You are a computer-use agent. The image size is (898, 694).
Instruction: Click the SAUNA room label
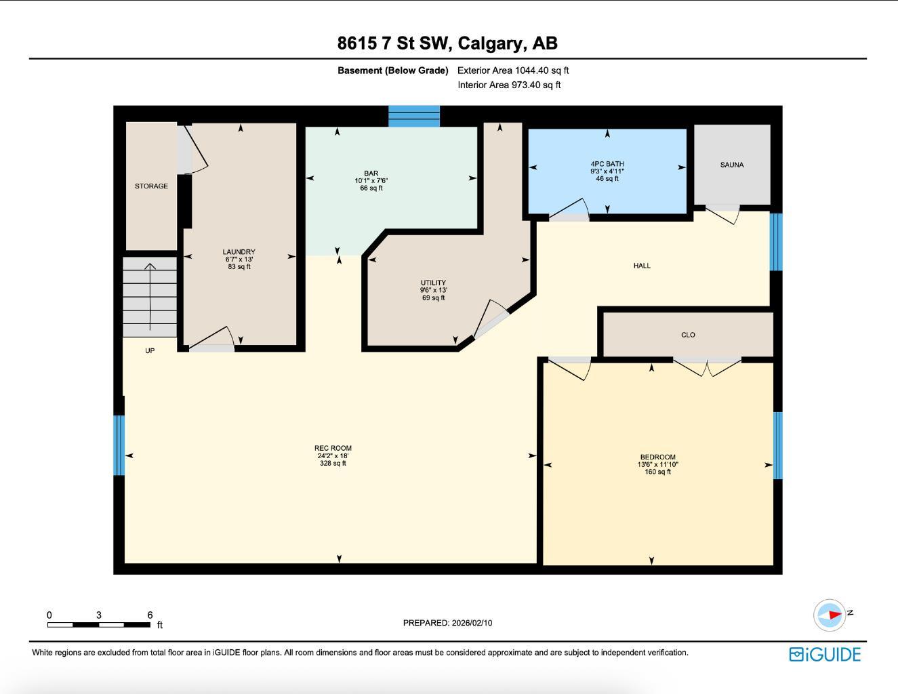pos(732,165)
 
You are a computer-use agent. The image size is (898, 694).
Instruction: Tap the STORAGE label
pos(151,186)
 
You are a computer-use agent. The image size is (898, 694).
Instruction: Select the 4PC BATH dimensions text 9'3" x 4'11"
pos(607,171)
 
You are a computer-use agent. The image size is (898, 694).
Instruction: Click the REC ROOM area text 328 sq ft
pos(333,464)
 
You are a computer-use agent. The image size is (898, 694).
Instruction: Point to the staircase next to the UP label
pos(150,296)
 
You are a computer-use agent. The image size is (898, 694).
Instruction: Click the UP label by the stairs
pos(150,350)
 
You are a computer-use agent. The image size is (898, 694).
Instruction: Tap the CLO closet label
pos(688,335)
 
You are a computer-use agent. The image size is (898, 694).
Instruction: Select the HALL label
pos(642,266)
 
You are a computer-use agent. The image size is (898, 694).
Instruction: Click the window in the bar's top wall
pos(414,116)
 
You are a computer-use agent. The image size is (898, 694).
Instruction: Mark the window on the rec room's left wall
pos(119,445)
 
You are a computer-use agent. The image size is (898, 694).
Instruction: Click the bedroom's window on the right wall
pos(778,445)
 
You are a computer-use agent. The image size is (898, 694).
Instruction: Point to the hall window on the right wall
pos(776,242)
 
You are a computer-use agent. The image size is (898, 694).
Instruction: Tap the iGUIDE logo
pos(825,654)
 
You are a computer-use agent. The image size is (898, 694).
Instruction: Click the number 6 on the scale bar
pos(150,615)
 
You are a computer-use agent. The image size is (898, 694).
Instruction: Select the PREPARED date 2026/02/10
pos(472,623)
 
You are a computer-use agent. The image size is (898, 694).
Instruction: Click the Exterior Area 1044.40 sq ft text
pos(513,70)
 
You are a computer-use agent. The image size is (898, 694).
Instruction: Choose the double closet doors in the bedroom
pos(707,367)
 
